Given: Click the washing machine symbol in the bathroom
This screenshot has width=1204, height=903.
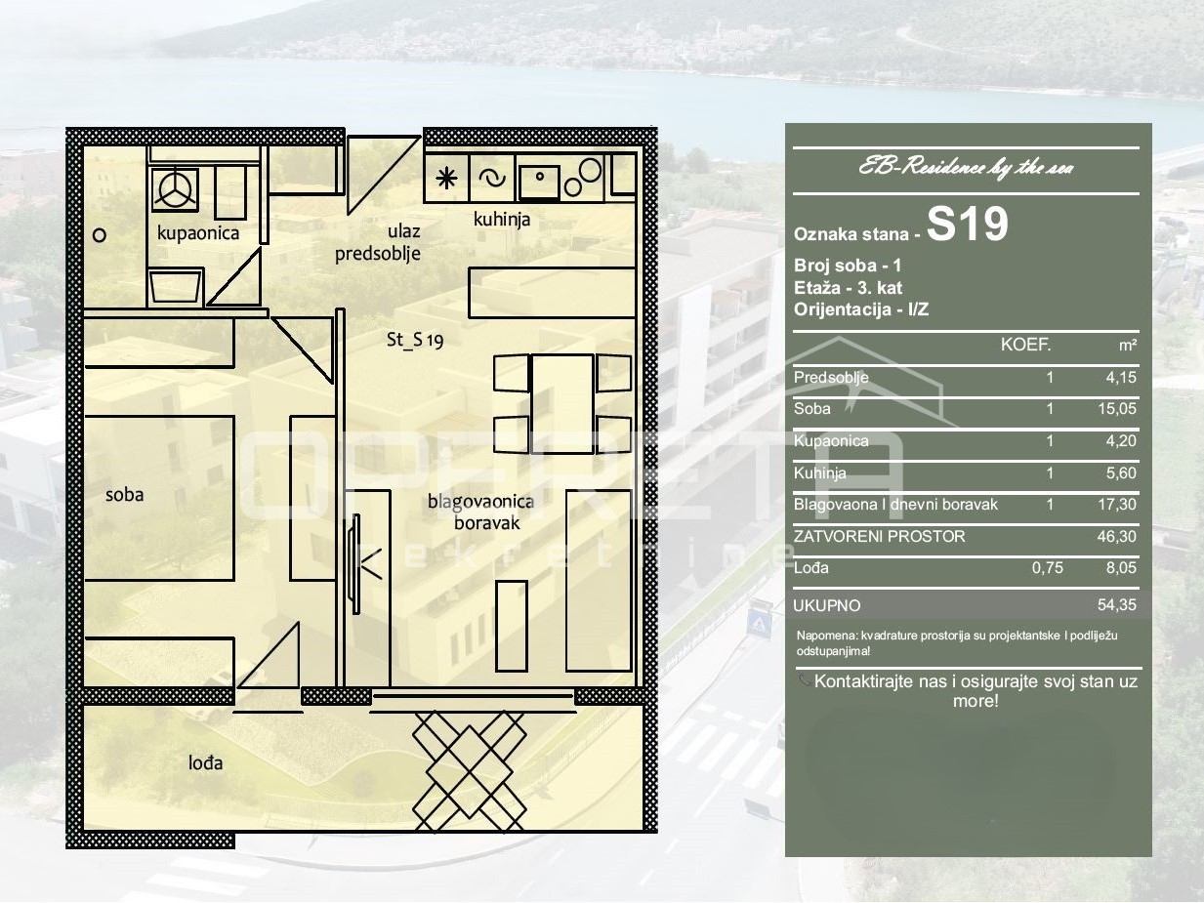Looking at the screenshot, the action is (x=175, y=189).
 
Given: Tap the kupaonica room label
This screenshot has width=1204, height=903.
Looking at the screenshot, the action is (x=198, y=233).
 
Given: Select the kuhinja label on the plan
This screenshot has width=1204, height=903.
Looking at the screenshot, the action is (x=502, y=220).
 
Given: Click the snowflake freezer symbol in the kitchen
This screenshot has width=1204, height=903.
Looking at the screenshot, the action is (x=446, y=179).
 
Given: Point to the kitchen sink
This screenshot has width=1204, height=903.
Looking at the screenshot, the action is (x=540, y=178).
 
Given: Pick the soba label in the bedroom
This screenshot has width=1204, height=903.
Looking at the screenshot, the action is (x=125, y=495).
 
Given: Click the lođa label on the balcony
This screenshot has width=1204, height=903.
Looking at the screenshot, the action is (x=206, y=762).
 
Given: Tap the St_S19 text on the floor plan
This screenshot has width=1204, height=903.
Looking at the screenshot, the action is (x=415, y=340).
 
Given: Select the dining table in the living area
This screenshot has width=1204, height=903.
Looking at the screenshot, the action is (x=562, y=403).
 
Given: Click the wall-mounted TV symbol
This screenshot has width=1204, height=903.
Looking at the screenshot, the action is (x=356, y=563).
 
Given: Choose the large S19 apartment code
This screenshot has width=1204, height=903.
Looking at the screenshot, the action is (x=968, y=224).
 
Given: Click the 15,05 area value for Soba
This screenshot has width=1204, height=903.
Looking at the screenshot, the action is (x=1117, y=408).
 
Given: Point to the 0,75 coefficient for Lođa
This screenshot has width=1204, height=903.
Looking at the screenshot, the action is (x=1047, y=567).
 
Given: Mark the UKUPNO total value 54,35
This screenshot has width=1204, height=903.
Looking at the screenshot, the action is (x=1117, y=604).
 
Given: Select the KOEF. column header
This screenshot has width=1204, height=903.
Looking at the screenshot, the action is (x=1025, y=345).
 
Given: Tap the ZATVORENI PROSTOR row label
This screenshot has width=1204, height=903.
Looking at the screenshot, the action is (x=879, y=536).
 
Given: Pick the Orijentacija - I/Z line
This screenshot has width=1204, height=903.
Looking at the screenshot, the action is (x=861, y=309).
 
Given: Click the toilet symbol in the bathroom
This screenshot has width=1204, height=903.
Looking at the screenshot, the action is (x=175, y=286).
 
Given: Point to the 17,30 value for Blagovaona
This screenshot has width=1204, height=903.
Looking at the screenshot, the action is (x=1117, y=504).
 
